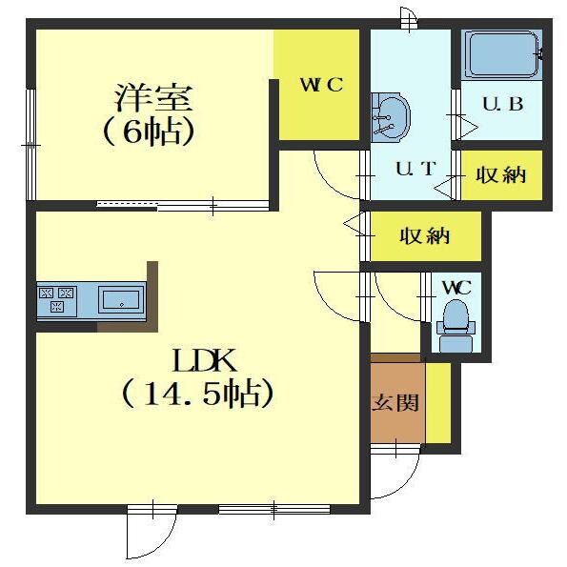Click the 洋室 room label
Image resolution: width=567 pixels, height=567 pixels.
154,98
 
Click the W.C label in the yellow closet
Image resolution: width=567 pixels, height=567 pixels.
320,85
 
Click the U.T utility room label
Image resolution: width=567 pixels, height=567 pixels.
415,169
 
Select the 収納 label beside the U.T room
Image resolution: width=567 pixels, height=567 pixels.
500,175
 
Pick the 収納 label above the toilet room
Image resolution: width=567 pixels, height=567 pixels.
424,236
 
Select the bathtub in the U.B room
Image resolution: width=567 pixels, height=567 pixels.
501,57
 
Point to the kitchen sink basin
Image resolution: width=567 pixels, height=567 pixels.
120,299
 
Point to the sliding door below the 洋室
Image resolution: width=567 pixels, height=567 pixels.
181,203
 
